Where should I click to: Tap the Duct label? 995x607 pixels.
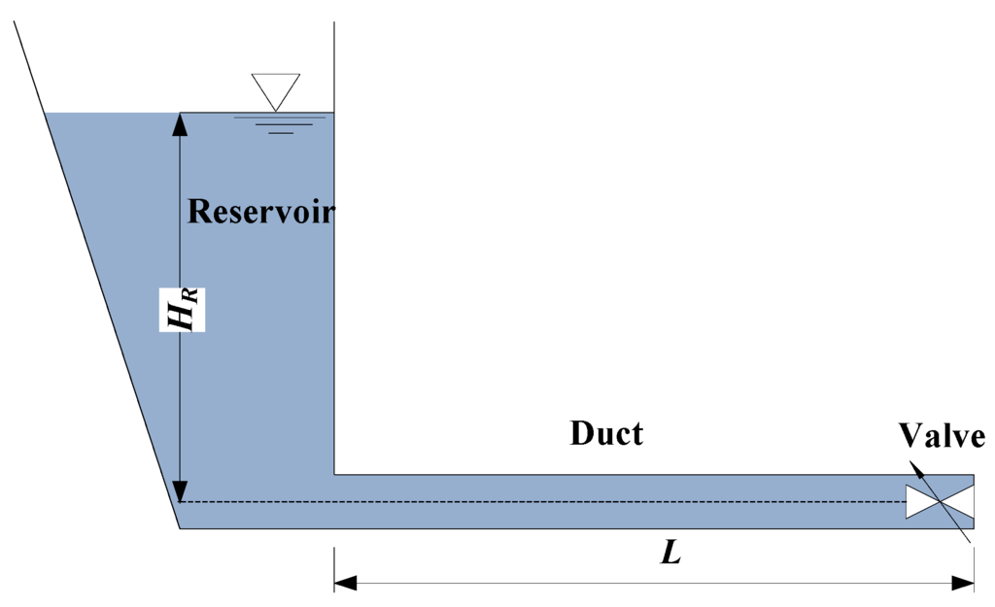(606, 433)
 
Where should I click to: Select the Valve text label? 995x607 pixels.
(942, 436)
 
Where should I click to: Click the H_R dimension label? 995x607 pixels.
(183, 309)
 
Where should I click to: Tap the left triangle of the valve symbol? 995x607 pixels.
(923, 502)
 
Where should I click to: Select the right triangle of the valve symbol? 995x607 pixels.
(957, 502)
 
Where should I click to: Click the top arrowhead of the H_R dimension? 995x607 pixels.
(180, 122)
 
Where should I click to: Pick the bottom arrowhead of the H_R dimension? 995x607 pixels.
(180, 491)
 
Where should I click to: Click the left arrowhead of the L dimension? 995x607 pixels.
(346, 583)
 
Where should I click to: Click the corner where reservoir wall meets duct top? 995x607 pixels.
(334, 475)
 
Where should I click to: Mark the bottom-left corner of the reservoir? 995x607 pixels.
(181, 527)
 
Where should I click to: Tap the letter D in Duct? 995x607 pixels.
(581, 433)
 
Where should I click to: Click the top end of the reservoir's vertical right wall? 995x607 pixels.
(334, 21)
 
